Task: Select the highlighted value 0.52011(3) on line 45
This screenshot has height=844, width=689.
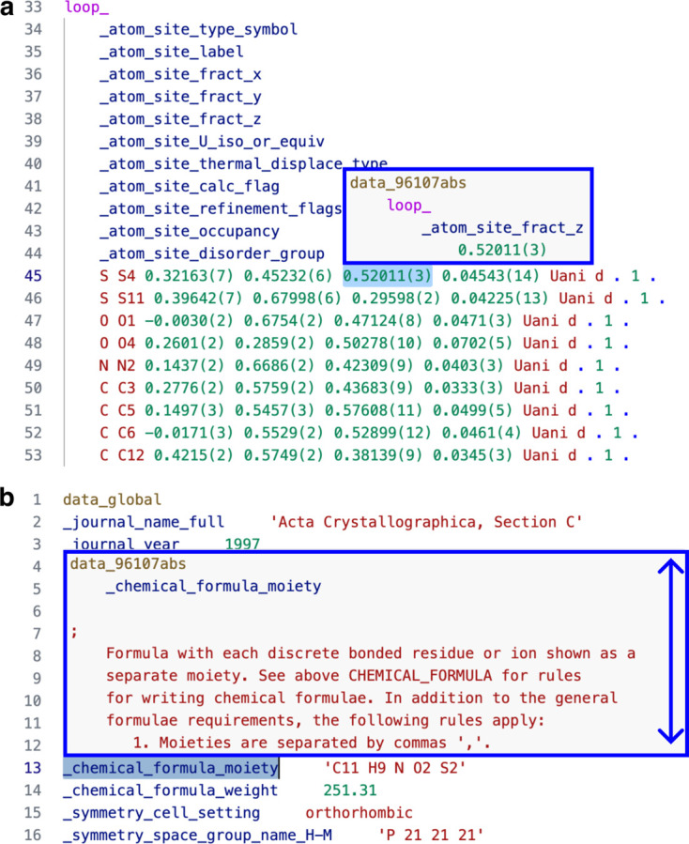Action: coord(388,276)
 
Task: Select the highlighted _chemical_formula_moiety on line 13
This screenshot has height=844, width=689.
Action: coord(171,768)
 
